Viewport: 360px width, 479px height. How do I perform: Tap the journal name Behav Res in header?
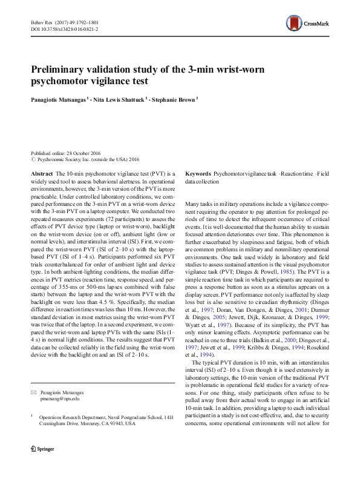(42, 22)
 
